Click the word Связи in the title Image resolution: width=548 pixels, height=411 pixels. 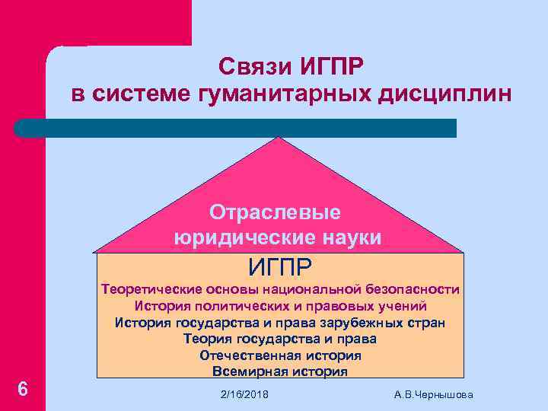[252, 66]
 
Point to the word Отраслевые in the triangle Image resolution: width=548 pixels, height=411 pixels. [276, 211]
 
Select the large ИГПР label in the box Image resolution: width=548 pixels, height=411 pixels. [280, 266]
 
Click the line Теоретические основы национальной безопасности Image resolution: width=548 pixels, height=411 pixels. [280, 289]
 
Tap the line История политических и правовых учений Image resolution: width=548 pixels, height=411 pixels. [280, 306]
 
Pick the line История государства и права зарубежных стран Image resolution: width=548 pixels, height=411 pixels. [280, 322]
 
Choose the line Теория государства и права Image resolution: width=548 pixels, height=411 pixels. [280, 339]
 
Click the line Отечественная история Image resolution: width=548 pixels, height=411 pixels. [280, 355]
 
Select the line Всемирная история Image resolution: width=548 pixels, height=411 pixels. [280, 371]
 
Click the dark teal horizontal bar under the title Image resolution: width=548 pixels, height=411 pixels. [236, 128]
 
